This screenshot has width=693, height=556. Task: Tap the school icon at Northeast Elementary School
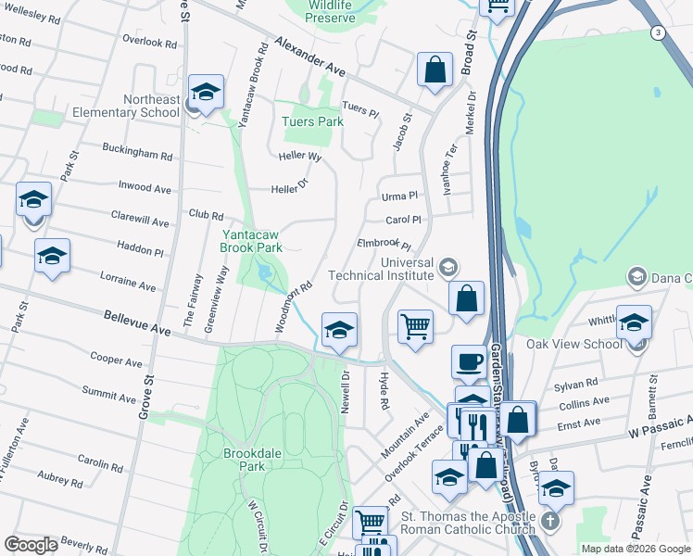[206, 92]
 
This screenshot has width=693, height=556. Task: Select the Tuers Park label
[312, 121]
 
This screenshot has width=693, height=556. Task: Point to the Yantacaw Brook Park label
[251, 241]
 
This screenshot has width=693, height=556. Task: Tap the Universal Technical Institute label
[395, 269]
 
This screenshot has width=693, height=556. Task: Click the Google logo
[31, 545]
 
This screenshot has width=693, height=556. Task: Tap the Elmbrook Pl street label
[384, 246]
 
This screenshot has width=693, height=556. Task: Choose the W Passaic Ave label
[660, 426]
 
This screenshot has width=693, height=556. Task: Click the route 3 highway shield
[656, 32]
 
